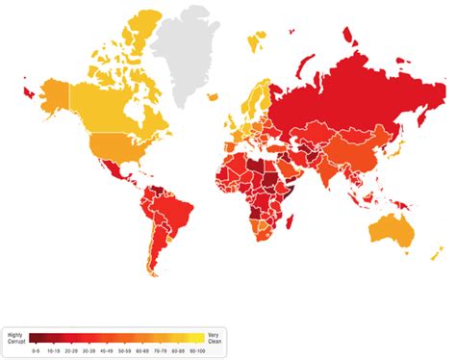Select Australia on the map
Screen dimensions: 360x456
(x=393, y=230)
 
